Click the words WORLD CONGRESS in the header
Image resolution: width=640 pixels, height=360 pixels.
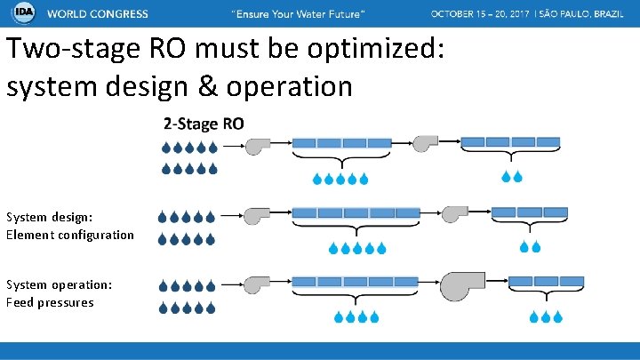98,15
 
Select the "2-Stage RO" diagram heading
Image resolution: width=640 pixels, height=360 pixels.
203,124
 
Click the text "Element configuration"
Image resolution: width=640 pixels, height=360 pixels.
70,235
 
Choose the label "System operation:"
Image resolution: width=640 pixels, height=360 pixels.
59,284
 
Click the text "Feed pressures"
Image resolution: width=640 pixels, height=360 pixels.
50,302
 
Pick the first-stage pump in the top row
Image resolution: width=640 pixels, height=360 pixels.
257,144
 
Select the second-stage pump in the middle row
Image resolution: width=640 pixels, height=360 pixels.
454,214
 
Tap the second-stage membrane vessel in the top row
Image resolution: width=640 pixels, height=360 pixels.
509,141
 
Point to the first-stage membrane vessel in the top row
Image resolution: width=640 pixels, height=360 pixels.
341,142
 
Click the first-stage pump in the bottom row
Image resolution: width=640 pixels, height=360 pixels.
257,284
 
